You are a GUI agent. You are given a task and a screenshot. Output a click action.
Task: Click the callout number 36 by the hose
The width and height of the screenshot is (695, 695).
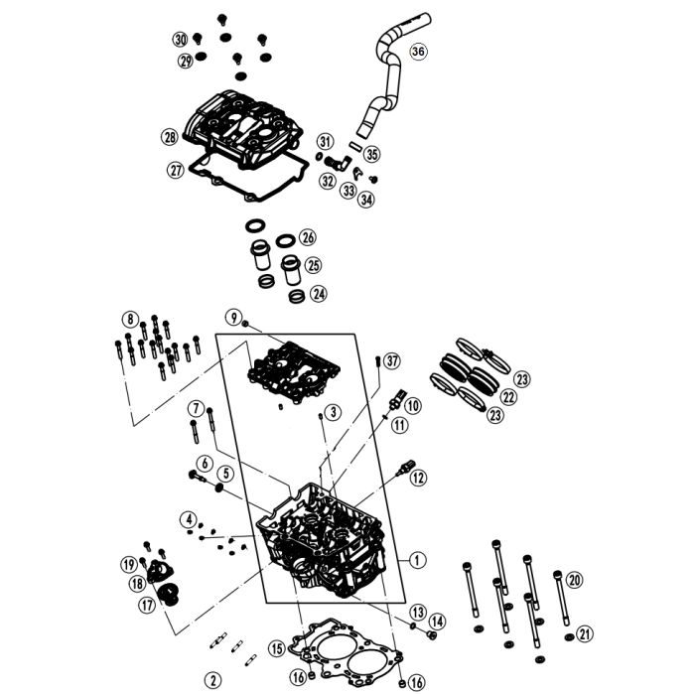point(417,52)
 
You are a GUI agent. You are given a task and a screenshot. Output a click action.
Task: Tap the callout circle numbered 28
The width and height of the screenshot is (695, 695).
point(170,136)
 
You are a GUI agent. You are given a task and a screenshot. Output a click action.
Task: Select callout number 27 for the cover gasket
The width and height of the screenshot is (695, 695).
point(176,170)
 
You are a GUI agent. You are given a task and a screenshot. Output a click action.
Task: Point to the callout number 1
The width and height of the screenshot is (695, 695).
point(417,560)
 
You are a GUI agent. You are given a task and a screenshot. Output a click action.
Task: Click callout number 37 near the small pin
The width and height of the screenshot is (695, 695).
point(391,359)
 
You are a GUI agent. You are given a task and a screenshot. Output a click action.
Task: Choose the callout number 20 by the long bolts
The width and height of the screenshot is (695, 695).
point(575,580)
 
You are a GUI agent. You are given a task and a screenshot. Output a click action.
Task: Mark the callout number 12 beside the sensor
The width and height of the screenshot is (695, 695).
point(418,478)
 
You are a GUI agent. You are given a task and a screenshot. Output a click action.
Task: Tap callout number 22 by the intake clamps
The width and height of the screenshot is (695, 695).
point(508,397)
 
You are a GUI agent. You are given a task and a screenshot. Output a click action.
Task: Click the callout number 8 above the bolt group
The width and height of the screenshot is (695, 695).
point(130,319)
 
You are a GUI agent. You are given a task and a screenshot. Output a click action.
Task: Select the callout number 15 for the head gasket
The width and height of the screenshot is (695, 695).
point(276,648)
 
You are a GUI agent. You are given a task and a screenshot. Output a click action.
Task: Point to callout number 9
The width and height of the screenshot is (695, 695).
point(233,317)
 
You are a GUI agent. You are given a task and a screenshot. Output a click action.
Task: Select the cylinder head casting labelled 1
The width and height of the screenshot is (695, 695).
point(318,541)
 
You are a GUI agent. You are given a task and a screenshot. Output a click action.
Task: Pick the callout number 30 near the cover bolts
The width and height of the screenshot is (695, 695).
point(180,39)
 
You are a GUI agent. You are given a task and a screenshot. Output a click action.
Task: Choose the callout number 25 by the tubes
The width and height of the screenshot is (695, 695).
point(313,265)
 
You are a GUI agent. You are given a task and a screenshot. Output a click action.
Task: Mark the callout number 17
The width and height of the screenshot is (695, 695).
point(146,604)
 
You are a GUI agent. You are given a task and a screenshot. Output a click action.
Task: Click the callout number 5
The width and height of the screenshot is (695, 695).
point(226,474)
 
